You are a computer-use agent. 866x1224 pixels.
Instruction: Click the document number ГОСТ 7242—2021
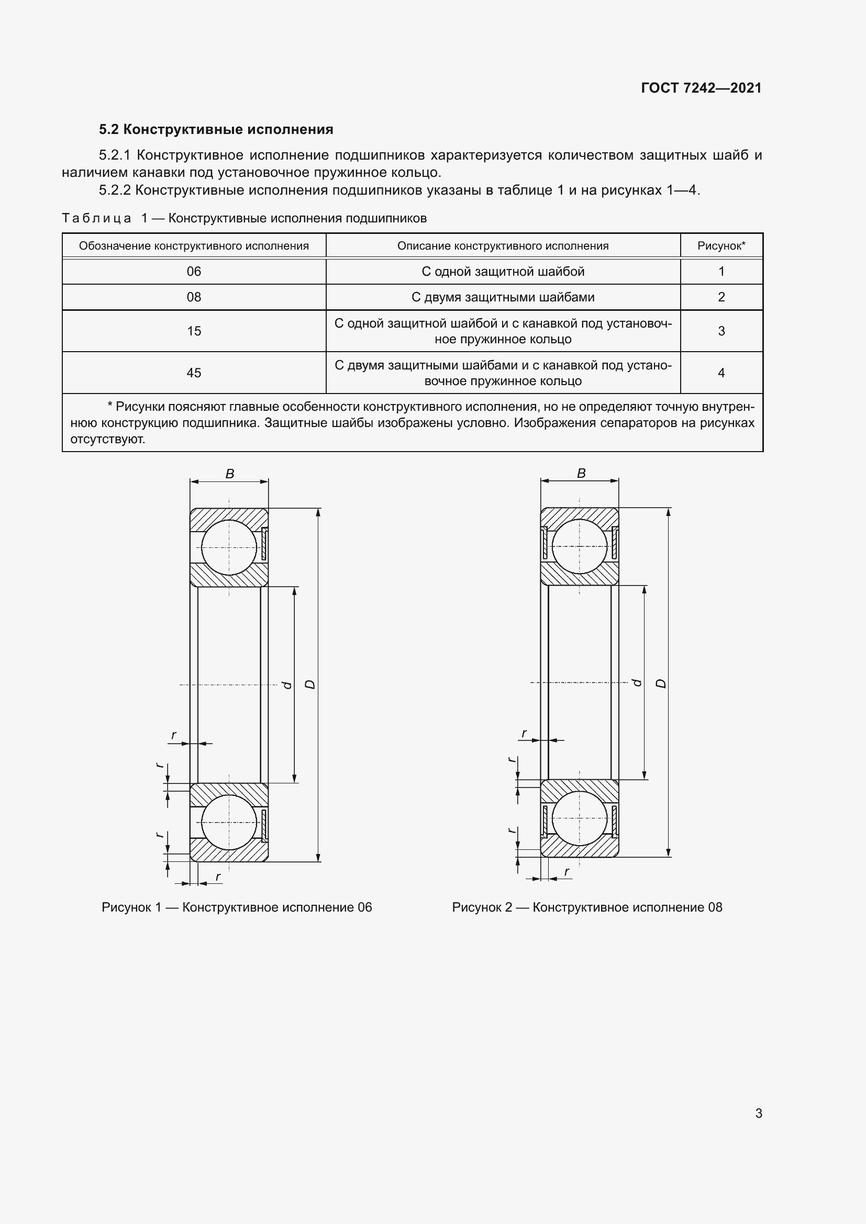(x=701, y=88)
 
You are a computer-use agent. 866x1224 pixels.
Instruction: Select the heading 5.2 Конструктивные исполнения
(x=216, y=130)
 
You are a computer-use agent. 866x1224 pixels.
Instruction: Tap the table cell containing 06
(x=194, y=272)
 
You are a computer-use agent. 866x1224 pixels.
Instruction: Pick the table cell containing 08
(x=194, y=297)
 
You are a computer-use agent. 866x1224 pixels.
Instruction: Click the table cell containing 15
(x=194, y=331)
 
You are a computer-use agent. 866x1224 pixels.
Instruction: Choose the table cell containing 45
(x=194, y=373)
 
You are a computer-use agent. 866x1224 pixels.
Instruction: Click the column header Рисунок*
(x=721, y=246)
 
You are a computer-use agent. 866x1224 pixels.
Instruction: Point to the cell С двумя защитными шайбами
(x=502, y=297)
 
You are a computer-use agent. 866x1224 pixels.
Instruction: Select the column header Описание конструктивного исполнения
(x=502, y=246)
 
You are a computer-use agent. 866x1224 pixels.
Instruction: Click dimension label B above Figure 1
(x=230, y=474)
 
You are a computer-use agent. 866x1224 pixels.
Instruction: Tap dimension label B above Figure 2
(x=581, y=473)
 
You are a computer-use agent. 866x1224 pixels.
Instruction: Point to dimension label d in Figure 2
(x=637, y=682)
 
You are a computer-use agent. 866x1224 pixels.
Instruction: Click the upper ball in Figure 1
(x=229, y=547)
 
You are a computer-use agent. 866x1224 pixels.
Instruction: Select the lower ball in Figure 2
(x=580, y=818)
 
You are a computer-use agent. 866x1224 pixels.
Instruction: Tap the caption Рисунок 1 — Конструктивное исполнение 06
(x=237, y=907)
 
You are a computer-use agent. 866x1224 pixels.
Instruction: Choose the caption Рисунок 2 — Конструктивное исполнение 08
(x=586, y=907)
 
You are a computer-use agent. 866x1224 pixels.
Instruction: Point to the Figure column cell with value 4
(x=721, y=373)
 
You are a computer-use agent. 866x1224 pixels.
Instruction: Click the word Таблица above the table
(x=96, y=218)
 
